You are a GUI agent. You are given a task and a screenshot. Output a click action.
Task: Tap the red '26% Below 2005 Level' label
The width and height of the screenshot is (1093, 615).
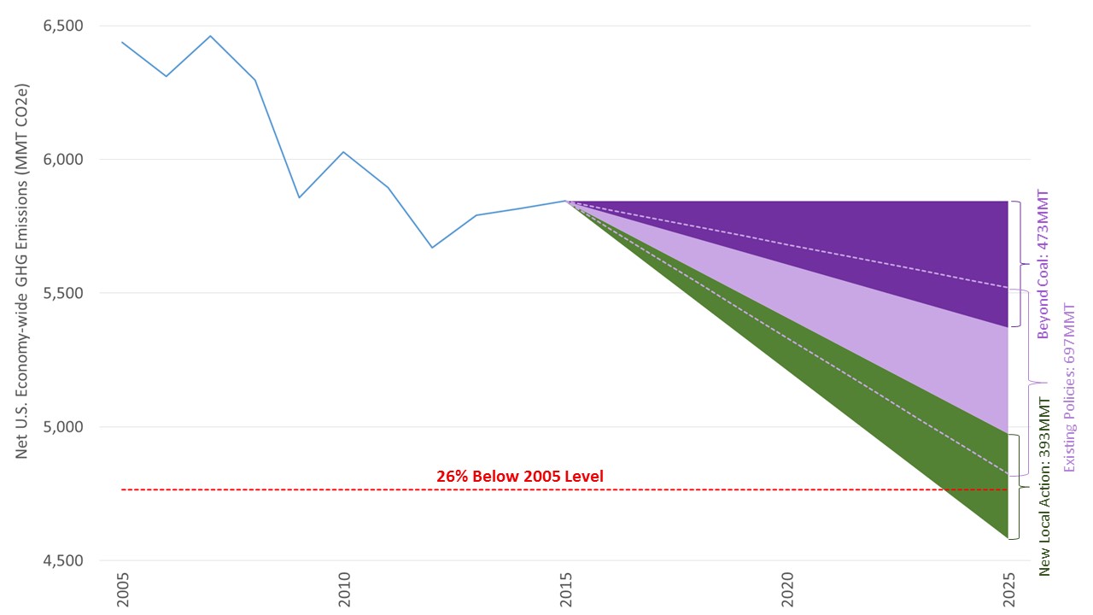[x=520, y=476]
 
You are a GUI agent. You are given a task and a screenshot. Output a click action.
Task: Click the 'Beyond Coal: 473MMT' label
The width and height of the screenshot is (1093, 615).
[x=1043, y=264]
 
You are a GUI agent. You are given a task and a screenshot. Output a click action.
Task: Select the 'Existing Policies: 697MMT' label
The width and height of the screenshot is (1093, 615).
[x=1069, y=388]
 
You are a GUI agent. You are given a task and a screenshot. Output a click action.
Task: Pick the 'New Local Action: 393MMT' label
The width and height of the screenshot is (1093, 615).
[x=1043, y=486]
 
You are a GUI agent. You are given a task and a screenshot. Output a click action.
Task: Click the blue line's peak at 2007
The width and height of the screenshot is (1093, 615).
[x=211, y=36]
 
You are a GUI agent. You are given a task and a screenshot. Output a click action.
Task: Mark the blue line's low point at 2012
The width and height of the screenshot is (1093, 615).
[x=432, y=248]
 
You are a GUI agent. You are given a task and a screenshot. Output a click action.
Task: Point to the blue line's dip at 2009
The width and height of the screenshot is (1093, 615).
[x=299, y=197]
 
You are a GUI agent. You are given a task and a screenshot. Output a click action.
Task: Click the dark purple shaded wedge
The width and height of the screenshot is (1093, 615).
[x=922, y=248]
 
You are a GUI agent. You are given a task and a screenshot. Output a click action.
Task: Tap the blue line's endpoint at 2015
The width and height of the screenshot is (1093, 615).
[x=566, y=201]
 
